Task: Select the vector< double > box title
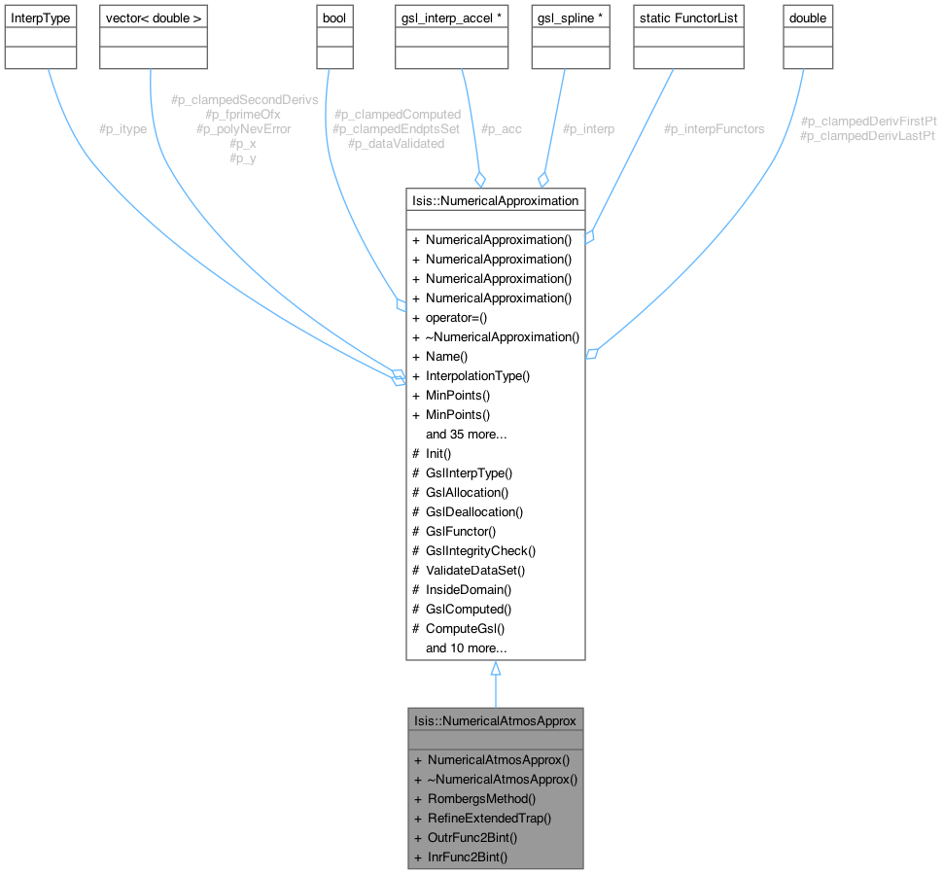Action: pyautogui.click(x=152, y=17)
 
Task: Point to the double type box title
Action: pyautogui.click(x=808, y=17)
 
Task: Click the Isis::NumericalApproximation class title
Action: pyautogui.click(x=495, y=200)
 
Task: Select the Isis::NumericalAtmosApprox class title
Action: pyautogui.click(x=495, y=720)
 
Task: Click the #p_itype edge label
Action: pyautogui.click(x=122, y=128)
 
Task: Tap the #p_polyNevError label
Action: pyautogui.click(x=243, y=128)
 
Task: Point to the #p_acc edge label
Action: pyautogui.click(x=502, y=128)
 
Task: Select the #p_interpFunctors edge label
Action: pyautogui.click(x=714, y=128)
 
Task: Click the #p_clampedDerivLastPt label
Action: pyautogui.click(x=867, y=136)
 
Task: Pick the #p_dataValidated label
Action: pyautogui.click(x=396, y=143)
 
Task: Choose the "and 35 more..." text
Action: pyautogui.click(x=467, y=434)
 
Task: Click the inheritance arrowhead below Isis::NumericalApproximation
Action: pyautogui.click(x=495, y=669)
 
